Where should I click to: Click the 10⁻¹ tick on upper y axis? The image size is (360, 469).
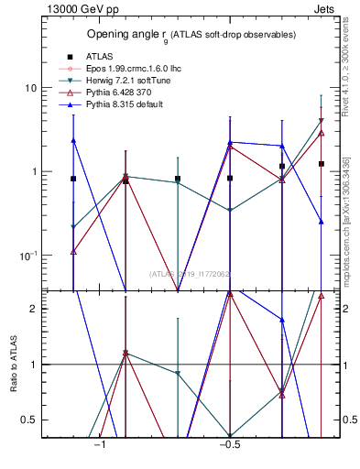tap(27, 255)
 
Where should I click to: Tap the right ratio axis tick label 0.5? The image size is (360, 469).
tap(348, 420)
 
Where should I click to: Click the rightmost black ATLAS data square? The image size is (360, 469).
tap(322, 164)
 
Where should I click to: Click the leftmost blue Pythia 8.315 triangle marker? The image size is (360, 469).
tap(73, 140)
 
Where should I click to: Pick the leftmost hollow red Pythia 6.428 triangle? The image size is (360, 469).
tap(73, 251)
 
